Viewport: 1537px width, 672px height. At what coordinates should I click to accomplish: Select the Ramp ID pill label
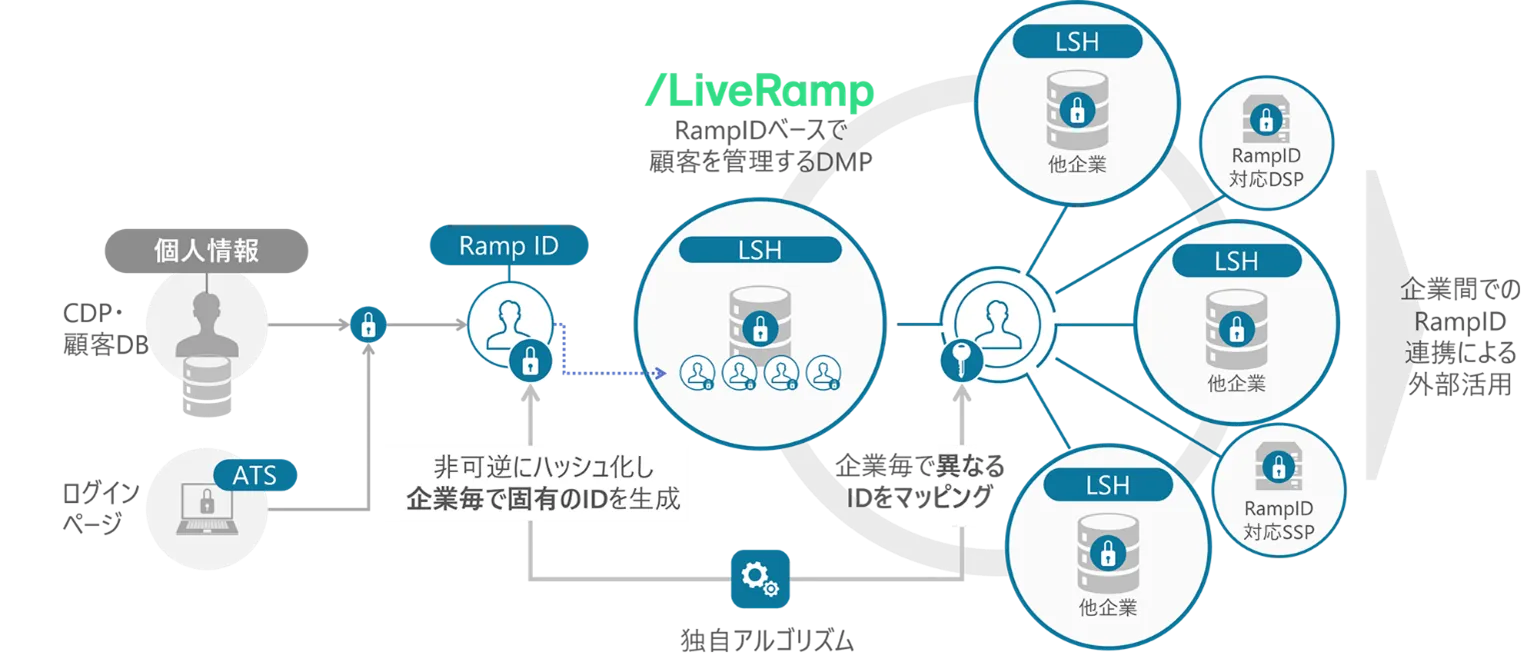pyautogui.click(x=509, y=246)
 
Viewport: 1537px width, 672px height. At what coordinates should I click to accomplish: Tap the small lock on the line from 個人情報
pyautogui.click(x=368, y=324)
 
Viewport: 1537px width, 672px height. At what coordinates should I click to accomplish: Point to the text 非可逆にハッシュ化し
pyautogui.click(x=535, y=466)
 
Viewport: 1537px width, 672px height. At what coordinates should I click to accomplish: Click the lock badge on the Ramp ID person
pyautogui.click(x=530, y=359)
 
